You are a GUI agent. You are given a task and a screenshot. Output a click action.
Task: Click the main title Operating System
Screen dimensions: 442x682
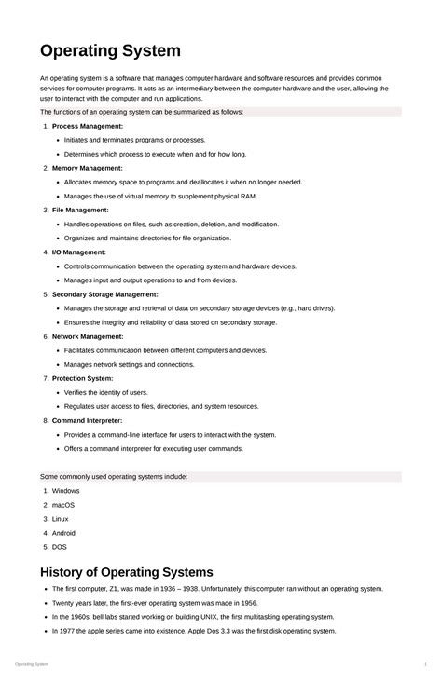point(110,50)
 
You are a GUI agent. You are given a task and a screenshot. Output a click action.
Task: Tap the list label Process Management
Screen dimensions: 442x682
point(87,126)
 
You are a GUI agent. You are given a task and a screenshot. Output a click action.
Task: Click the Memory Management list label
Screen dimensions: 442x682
point(87,168)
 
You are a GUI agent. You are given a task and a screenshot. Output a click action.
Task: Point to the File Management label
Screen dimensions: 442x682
point(80,210)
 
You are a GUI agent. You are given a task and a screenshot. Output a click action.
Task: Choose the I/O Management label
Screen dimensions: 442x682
point(79,252)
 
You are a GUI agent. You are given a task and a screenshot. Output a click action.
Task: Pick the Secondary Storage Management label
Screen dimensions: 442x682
point(105,294)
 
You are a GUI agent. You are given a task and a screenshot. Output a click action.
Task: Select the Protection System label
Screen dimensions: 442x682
point(83,378)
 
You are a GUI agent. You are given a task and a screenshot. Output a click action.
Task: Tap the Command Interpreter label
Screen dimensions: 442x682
point(88,420)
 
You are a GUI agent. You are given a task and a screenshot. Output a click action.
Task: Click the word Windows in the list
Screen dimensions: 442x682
point(66,491)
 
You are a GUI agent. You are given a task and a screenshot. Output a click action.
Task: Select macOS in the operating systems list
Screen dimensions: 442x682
point(64,505)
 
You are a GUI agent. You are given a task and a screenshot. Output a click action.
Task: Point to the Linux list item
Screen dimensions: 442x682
point(61,519)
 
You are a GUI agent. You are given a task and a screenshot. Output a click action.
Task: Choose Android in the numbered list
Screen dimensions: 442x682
point(64,533)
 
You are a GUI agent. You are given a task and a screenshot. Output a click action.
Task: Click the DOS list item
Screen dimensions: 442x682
point(60,547)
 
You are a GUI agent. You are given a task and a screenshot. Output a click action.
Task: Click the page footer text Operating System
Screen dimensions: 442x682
point(32,664)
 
